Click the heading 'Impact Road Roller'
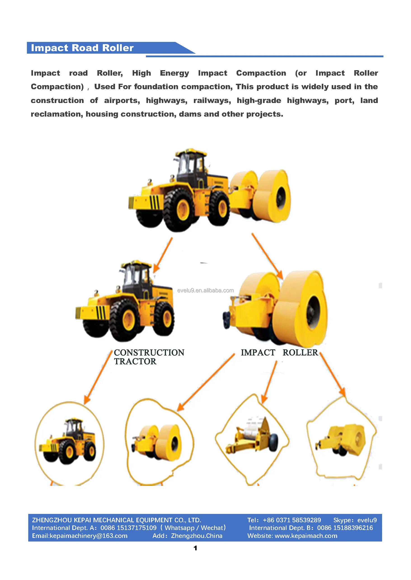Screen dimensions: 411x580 point(82,48)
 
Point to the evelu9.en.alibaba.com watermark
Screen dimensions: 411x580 point(206,290)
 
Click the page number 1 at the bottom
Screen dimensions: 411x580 point(195,548)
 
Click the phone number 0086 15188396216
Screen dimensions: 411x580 point(345,528)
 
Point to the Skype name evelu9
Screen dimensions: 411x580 point(367,520)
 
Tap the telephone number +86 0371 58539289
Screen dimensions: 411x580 point(292,520)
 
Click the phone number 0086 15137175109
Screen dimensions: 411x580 point(129,528)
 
